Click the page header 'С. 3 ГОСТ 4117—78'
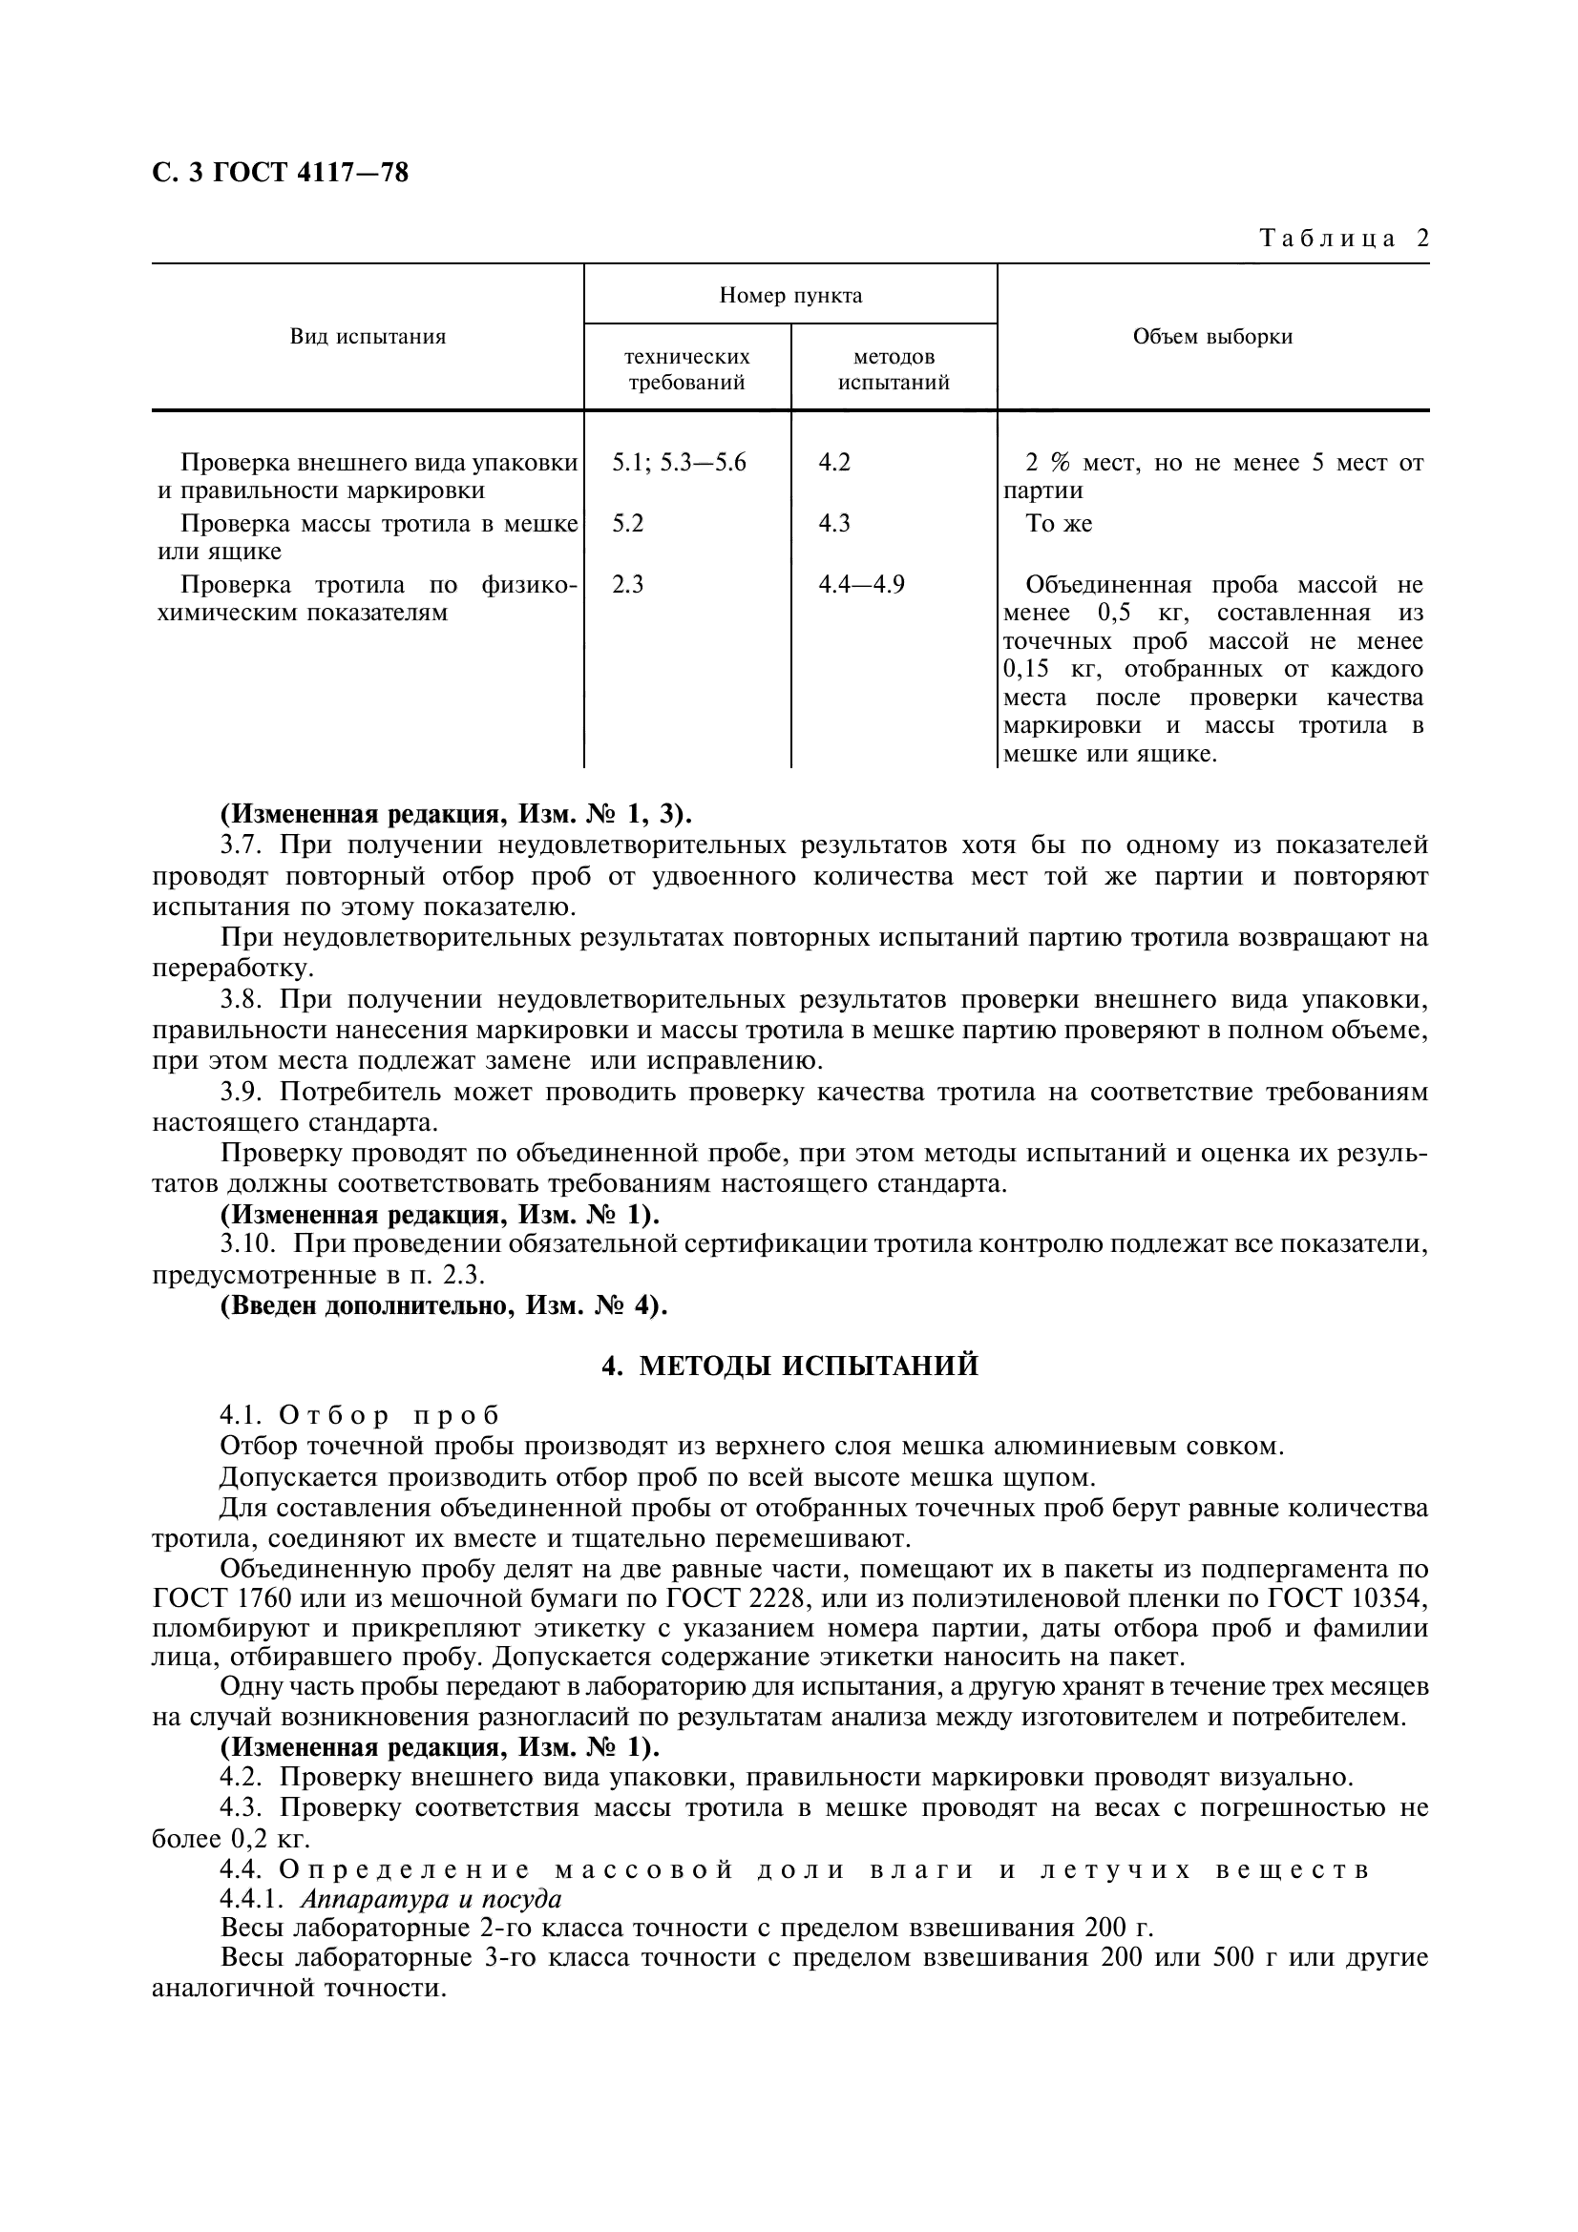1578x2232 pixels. click(280, 173)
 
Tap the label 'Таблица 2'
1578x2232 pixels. click(1344, 239)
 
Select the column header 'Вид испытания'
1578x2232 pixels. click(368, 336)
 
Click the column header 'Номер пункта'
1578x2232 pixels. click(790, 295)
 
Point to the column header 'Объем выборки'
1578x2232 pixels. click(1212, 336)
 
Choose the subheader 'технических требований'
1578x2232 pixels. click(686, 369)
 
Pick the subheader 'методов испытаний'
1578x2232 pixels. click(894, 369)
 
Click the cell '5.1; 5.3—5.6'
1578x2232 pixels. click(679, 463)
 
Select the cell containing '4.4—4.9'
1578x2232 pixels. click(860, 584)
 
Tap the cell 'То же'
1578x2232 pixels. click(1059, 524)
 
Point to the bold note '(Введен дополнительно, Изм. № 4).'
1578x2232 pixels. click(444, 1304)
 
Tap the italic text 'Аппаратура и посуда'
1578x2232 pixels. click(431, 1899)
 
